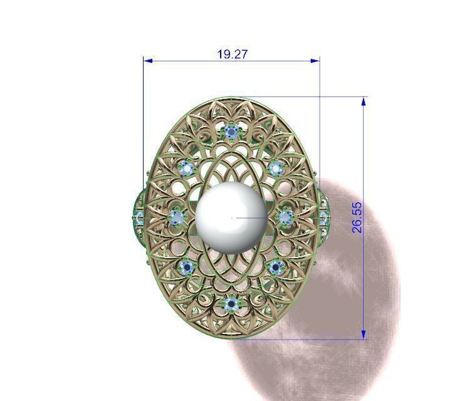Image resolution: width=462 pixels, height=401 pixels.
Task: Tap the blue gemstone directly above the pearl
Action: click(232, 132)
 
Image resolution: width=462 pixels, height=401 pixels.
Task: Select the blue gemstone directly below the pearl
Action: click(231, 305)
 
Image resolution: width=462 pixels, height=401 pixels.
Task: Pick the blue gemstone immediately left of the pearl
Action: click(178, 217)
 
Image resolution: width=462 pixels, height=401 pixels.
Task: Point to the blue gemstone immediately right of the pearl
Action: click(286, 217)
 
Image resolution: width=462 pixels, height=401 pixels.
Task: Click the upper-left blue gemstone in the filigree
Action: click(186, 168)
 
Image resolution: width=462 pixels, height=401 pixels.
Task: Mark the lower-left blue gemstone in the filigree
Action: click(186, 268)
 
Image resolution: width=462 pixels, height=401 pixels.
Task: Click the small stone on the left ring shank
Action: click(139, 217)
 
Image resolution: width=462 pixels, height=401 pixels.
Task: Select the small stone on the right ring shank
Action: click(323, 217)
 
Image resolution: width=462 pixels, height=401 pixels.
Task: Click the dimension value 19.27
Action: click(232, 55)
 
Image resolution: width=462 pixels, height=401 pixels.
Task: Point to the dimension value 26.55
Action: click(357, 217)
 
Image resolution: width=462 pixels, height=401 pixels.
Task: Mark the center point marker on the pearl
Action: click(233, 217)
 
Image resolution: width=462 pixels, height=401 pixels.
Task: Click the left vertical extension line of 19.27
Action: click(144, 125)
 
